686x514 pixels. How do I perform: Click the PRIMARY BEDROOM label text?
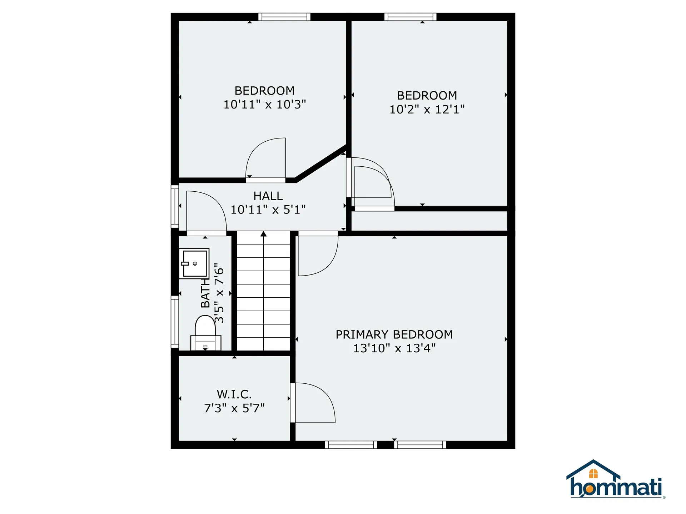pos(394,334)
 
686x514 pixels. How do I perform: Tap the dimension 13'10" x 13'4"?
pos(394,348)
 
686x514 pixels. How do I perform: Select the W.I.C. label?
pos(234,394)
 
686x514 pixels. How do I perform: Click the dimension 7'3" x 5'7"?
pos(234,408)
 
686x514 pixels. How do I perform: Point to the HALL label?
pos(268,196)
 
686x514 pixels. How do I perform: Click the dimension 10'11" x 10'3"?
pos(264,105)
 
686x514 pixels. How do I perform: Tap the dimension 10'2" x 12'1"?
pos(427,109)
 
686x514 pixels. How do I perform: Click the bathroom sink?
pos(194,264)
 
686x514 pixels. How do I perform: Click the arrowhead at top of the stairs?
pos(264,234)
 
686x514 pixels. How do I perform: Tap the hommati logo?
pos(615,480)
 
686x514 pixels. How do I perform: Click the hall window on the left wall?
pos(175,206)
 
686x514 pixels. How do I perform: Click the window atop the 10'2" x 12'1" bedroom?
pos(410,17)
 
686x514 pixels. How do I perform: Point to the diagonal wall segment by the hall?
pos(321,163)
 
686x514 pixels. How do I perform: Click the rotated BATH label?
pos(205,293)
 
